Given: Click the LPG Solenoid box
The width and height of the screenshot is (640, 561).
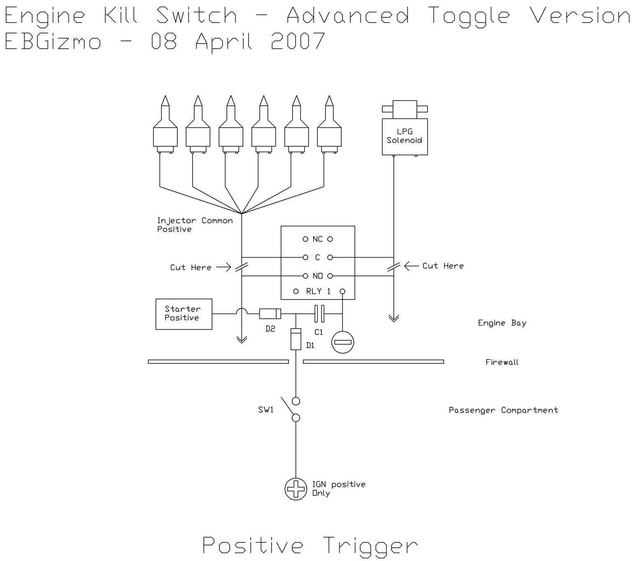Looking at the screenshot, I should (x=405, y=136).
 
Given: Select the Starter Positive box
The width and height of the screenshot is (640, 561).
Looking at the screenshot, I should (x=184, y=314).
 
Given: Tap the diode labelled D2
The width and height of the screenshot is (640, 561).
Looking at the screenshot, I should (x=270, y=314).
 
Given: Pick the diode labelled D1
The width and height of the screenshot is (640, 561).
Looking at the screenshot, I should (x=296, y=339).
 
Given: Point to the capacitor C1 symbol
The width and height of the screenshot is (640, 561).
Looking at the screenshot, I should (x=319, y=314).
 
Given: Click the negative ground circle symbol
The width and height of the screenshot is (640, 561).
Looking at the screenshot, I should (x=342, y=342).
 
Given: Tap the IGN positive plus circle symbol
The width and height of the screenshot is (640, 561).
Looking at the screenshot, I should (x=296, y=489).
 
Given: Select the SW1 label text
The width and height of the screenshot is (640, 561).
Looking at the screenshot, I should (x=266, y=410).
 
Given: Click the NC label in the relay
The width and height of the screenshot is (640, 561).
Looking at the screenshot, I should (x=317, y=239).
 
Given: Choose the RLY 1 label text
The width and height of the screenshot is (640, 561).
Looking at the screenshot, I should (x=318, y=291).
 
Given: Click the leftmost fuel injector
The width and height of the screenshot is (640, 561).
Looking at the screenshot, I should (x=165, y=126).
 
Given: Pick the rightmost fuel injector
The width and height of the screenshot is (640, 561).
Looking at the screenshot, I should (x=329, y=126).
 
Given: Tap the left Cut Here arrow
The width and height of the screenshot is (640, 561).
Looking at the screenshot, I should (x=224, y=267).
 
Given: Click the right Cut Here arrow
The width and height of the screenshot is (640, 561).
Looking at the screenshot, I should (x=411, y=266).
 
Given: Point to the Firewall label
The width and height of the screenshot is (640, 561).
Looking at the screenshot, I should (x=502, y=362).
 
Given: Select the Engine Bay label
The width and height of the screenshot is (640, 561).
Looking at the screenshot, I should (x=502, y=323).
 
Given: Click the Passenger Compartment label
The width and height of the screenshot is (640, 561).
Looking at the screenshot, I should (x=503, y=410).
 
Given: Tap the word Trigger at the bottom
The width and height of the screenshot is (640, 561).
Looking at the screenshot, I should (x=370, y=547).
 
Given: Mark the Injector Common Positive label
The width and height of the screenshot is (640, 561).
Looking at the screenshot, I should (x=195, y=225).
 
